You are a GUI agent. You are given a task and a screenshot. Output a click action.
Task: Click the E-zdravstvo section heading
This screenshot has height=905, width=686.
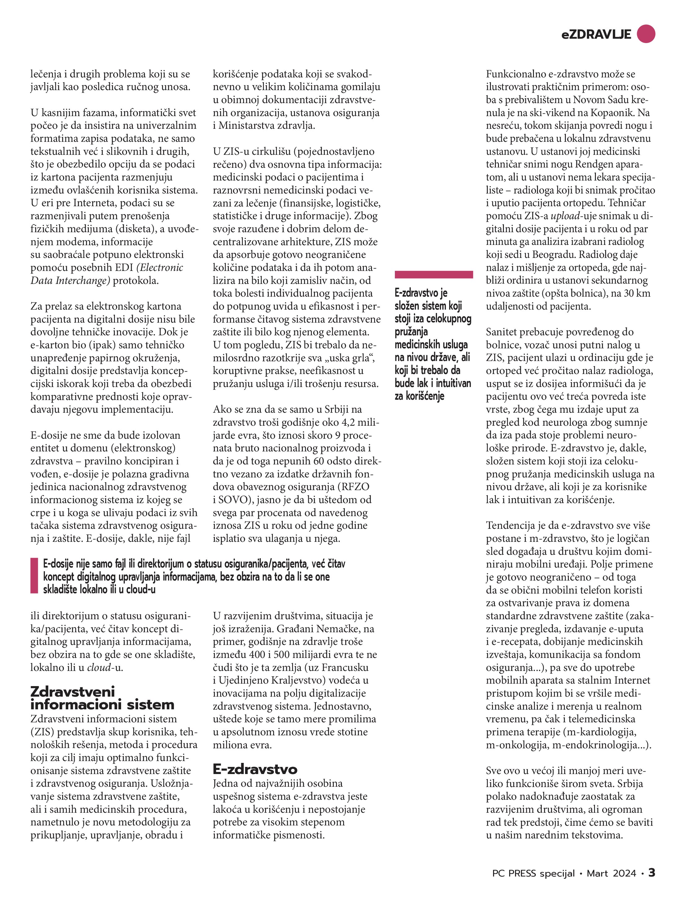(x=255, y=769)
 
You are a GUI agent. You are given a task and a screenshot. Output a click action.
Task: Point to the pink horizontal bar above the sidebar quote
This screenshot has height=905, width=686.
(x=434, y=275)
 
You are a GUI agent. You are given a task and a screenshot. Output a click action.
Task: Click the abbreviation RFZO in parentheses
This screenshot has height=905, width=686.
(x=353, y=487)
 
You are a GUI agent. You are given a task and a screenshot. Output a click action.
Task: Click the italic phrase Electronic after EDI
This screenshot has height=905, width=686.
(x=161, y=268)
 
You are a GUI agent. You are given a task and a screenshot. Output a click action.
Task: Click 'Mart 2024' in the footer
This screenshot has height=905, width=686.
(x=611, y=873)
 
